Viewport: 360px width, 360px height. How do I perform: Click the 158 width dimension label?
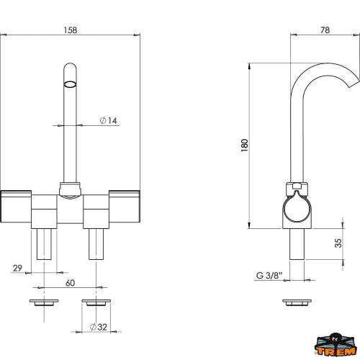[71, 30]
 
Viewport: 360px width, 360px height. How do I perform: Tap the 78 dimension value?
[325, 30]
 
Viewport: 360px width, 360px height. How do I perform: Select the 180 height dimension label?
[244, 145]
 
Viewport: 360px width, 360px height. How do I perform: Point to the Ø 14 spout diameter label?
[109, 120]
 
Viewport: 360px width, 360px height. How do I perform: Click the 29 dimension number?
[17, 268]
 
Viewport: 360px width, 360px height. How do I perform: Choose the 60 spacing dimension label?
[70, 283]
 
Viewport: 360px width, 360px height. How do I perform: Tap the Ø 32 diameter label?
[99, 327]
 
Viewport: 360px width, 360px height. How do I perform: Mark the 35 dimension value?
[338, 243]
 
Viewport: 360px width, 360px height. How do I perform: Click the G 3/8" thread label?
[269, 275]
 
